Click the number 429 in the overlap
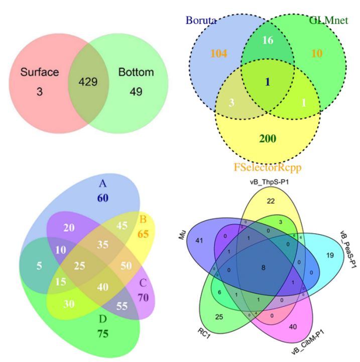tap(88, 81)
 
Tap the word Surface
tap(40, 72)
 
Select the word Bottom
tap(136, 72)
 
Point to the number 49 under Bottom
tap(136, 92)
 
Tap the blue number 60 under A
tap(102, 198)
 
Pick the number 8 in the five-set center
tap(264, 268)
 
